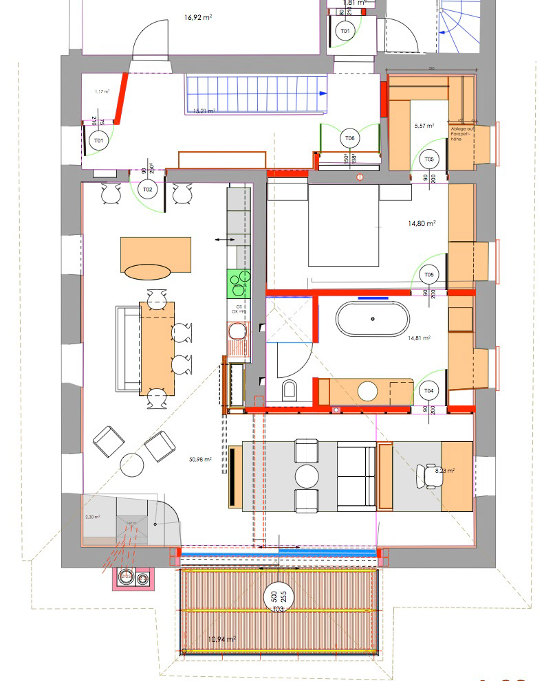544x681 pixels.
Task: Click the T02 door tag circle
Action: (x=147, y=189)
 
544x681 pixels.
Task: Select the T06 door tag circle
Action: (x=349, y=138)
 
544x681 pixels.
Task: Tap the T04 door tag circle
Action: (x=429, y=391)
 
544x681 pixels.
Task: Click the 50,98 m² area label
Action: (x=199, y=460)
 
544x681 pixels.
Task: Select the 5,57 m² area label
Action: (x=422, y=126)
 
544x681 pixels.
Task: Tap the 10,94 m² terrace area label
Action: (x=221, y=638)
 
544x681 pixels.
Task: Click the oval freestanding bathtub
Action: (x=372, y=319)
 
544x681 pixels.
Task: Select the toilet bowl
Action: (x=290, y=390)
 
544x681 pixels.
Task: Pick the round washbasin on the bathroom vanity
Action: (x=368, y=391)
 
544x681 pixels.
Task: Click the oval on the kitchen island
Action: (x=146, y=272)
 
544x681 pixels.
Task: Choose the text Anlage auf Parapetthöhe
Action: (x=461, y=133)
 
